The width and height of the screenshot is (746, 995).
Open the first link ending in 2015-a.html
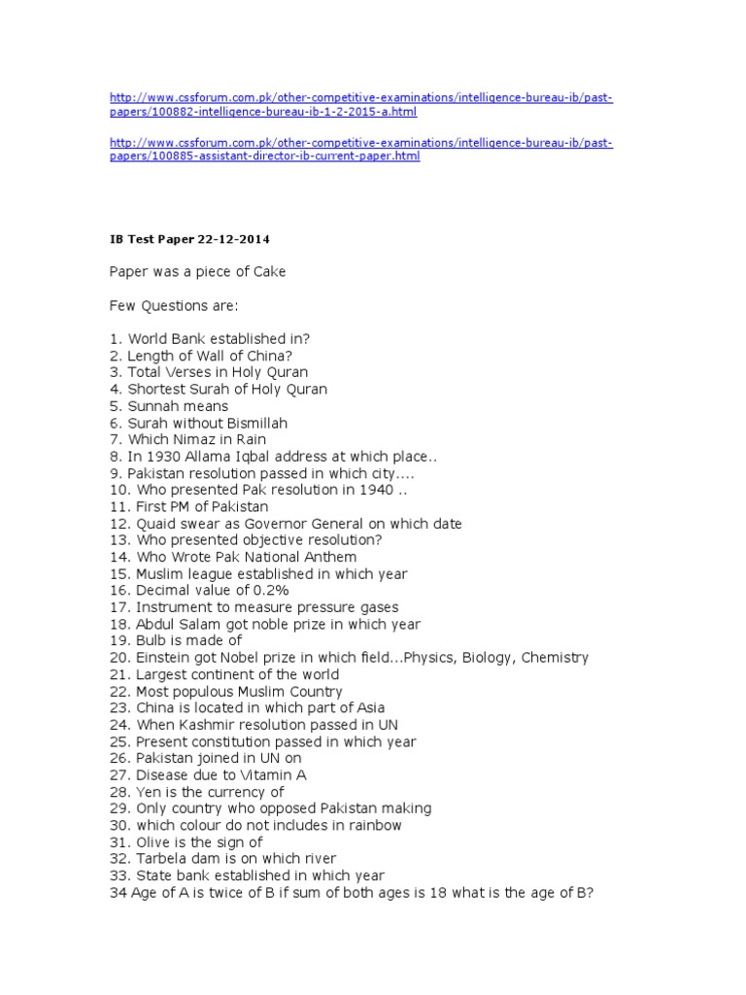coord(360,105)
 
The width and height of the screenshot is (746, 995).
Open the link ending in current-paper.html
coord(360,150)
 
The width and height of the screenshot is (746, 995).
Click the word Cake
coord(267,272)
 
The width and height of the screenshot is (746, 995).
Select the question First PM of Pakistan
coord(188,506)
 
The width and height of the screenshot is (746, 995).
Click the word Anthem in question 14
coord(331,557)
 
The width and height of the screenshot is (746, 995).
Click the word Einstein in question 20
coord(166,658)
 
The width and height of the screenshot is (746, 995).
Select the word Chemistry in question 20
coord(555,658)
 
